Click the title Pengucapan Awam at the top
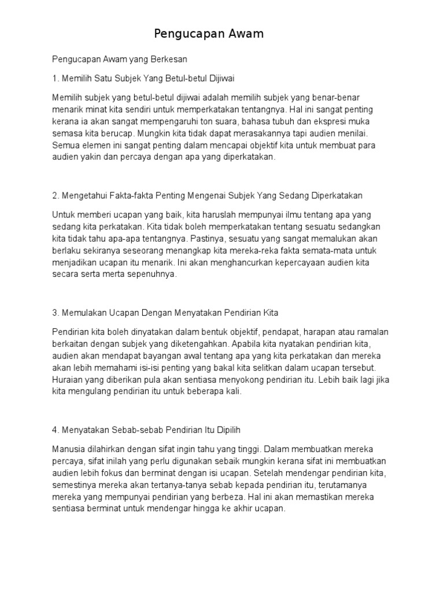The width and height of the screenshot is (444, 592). (x=209, y=34)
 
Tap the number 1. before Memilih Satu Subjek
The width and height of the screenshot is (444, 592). (x=55, y=77)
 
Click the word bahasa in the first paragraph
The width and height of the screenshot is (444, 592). (x=247, y=121)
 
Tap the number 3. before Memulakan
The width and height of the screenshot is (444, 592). (x=55, y=313)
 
